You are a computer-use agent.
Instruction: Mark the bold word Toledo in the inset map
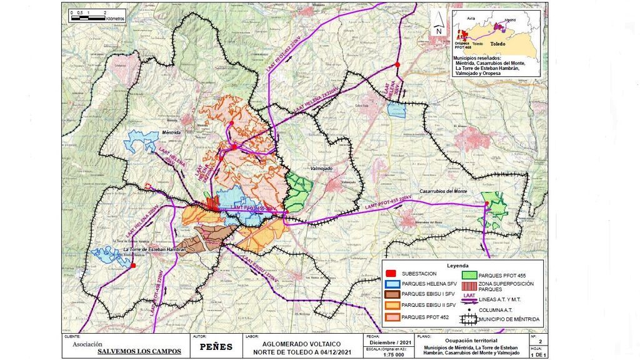point(497,44)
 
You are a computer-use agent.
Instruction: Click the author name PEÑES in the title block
point(217,347)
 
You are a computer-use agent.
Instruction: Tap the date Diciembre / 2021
point(390,342)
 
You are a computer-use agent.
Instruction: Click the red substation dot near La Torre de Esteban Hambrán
point(132,266)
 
